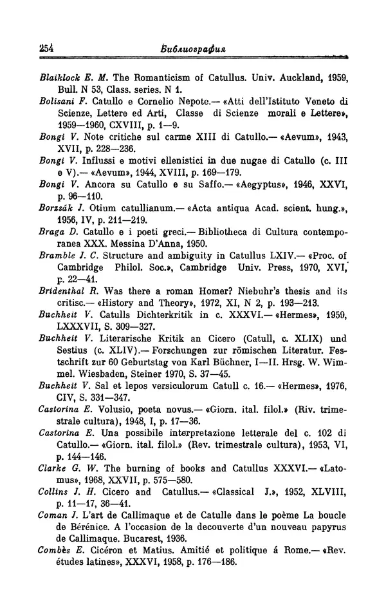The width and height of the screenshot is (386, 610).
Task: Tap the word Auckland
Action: tap(289, 77)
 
